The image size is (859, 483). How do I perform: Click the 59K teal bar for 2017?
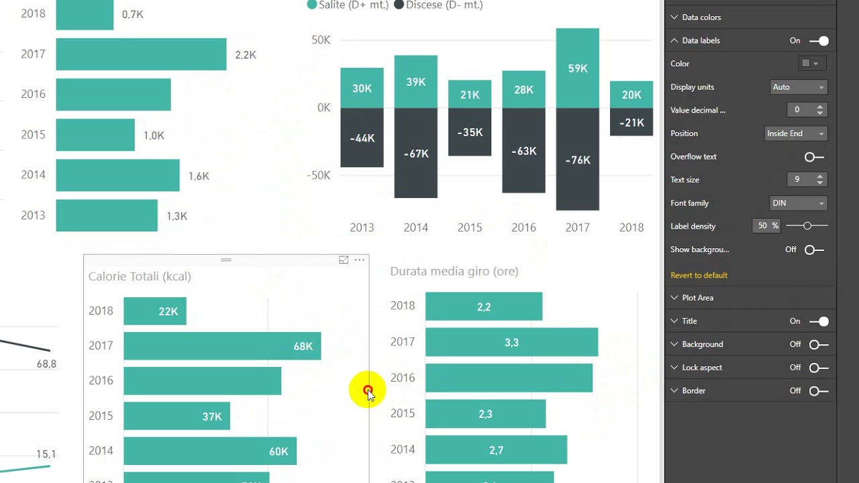[x=578, y=68]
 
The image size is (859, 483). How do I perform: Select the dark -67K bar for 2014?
[x=415, y=153]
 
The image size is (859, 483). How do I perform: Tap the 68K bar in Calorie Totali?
[x=222, y=345]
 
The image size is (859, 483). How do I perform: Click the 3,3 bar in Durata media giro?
[x=511, y=342]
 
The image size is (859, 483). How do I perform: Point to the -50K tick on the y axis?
[x=318, y=176]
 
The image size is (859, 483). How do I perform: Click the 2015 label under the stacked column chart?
[x=469, y=227]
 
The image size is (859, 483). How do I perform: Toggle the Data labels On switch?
[x=819, y=41]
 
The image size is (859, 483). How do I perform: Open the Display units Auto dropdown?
[x=799, y=87]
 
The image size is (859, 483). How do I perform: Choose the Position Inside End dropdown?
[x=796, y=133]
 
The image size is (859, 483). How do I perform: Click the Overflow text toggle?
[x=814, y=157]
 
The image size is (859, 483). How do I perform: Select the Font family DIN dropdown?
[x=799, y=203]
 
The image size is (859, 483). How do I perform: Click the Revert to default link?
[x=699, y=275]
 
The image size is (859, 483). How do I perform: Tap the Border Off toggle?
[x=819, y=390]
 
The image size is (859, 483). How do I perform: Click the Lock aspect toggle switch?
[x=819, y=368]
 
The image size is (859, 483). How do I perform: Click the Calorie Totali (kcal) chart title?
[x=140, y=276]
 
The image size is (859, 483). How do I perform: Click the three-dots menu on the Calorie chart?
[x=359, y=260]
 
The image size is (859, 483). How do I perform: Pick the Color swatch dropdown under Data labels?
[x=811, y=64]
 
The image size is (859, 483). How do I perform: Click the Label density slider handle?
[x=807, y=226]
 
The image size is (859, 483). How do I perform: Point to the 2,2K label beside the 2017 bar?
[x=246, y=55]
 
